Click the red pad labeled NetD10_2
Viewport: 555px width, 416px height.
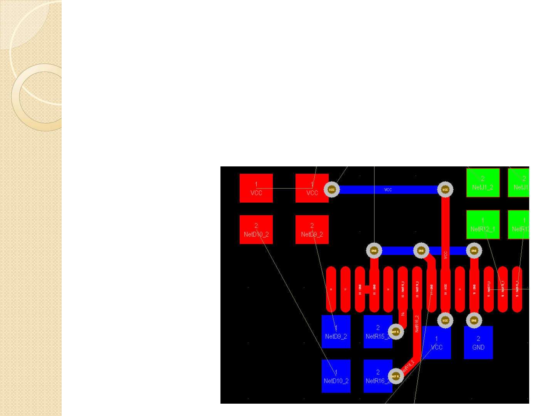click(x=256, y=230)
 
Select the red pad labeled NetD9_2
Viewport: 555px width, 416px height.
click(x=312, y=230)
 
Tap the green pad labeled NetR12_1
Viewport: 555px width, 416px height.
click(x=483, y=225)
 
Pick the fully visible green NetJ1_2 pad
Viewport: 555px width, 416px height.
click(x=483, y=183)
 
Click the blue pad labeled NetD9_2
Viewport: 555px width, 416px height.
click(x=336, y=332)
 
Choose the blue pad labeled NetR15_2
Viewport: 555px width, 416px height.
click(x=377, y=332)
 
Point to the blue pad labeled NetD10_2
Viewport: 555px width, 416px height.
click(x=336, y=376)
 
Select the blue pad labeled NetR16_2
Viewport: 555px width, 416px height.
click(x=377, y=376)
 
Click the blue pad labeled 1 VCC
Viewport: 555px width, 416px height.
click(x=437, y=343)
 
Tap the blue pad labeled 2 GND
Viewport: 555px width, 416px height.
click(x=478, y=343)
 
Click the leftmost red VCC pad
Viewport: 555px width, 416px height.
click(x=256, y=188)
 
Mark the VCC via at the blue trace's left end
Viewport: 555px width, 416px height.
click(x=331, y=190)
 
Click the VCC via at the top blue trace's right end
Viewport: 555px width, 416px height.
click(x=445, y=190)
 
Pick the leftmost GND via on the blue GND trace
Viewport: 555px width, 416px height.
click(x=374, y=251)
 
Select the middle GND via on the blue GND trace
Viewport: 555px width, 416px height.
click(x=421, y=251)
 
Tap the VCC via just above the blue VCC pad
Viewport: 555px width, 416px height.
click(x=445, y=320)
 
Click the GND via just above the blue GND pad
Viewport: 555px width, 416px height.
click(x=474, y=320)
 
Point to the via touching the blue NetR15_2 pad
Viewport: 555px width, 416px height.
click(x=395, y=332)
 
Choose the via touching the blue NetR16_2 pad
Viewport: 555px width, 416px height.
click(x=395, y=376)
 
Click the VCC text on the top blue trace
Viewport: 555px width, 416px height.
click(x=388, y=190)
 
